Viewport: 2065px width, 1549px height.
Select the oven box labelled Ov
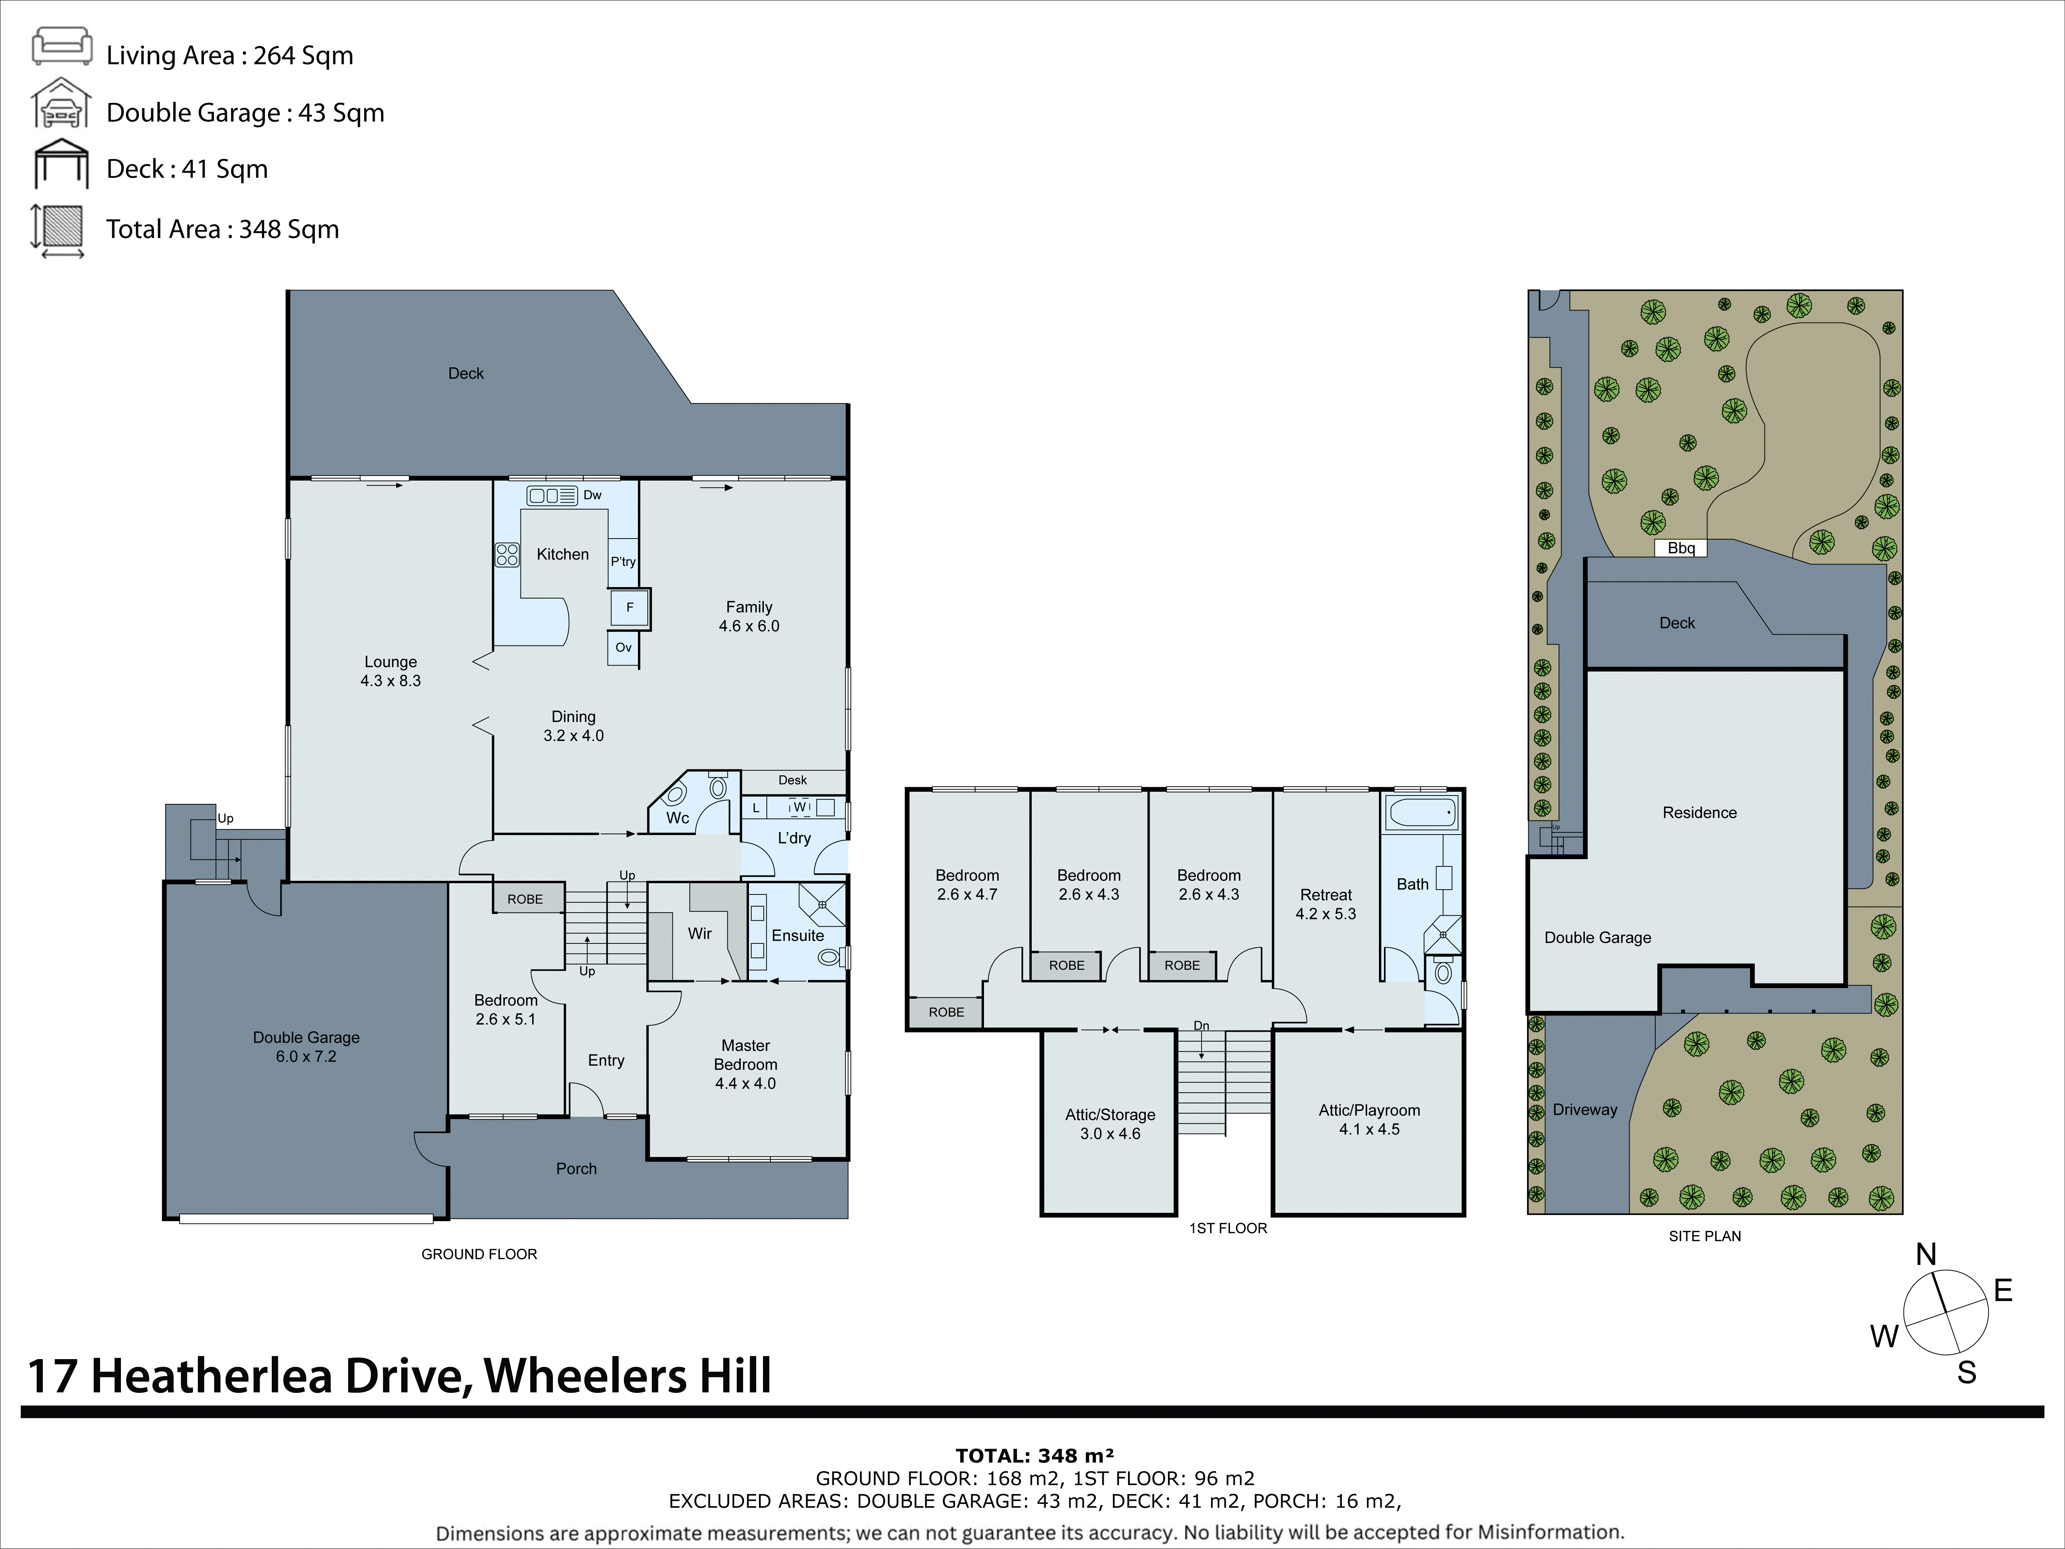(x=623, y=647)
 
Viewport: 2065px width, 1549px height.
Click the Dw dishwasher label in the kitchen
(x=592, y=495)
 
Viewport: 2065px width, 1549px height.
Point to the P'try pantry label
(x=623, y=561)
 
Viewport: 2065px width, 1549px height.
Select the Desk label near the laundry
(x=793, y=780)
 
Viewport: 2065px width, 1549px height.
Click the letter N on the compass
(x=1925, y=1254)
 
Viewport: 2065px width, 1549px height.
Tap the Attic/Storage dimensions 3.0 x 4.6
(x=1110, y=1134)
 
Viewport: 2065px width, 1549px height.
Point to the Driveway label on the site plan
(x=1584, y=1109)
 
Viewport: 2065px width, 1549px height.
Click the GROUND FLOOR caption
(x=479, y=1254)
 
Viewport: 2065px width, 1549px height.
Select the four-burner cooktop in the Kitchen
(x=507, y=554)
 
